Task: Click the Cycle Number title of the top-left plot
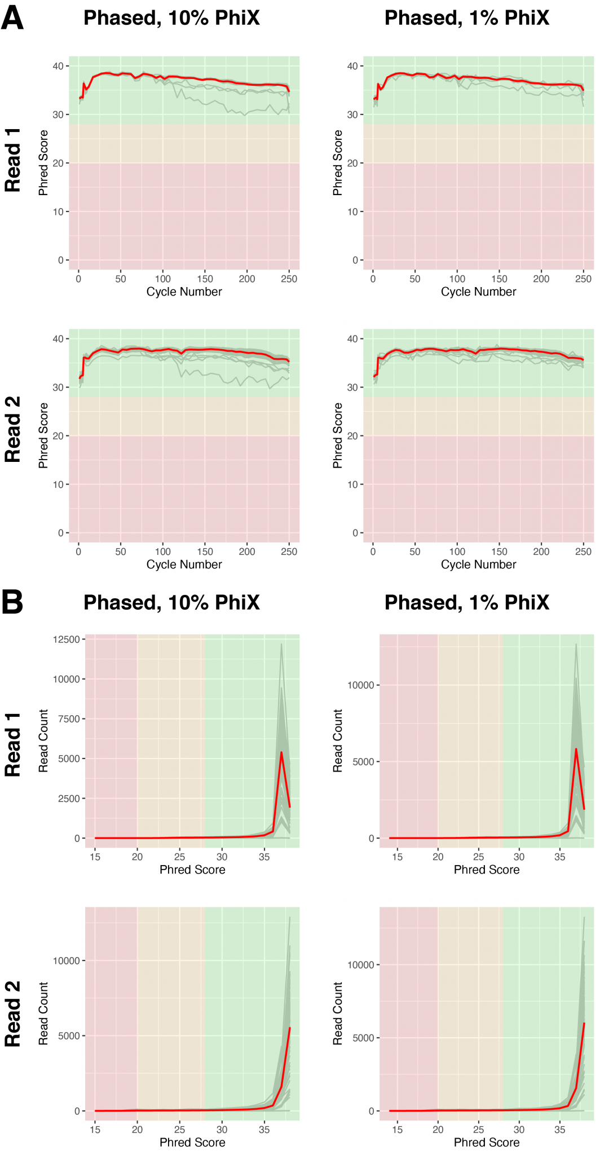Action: (184, 292)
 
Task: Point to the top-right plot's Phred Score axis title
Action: (338, 162)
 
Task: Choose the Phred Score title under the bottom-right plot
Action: (487, 1142)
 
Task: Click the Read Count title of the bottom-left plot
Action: (43, 1013)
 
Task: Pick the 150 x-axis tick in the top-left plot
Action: (205, 279)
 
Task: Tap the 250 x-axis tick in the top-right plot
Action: (583, 279)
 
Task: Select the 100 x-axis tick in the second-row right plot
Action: (457, 552)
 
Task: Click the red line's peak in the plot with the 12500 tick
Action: (281, 752)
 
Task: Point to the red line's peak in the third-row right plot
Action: (576, 749)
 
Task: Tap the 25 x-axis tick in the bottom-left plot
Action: (179, 1129)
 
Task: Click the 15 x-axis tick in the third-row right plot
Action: (398, 857)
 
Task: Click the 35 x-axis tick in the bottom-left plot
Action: (264, 1129)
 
